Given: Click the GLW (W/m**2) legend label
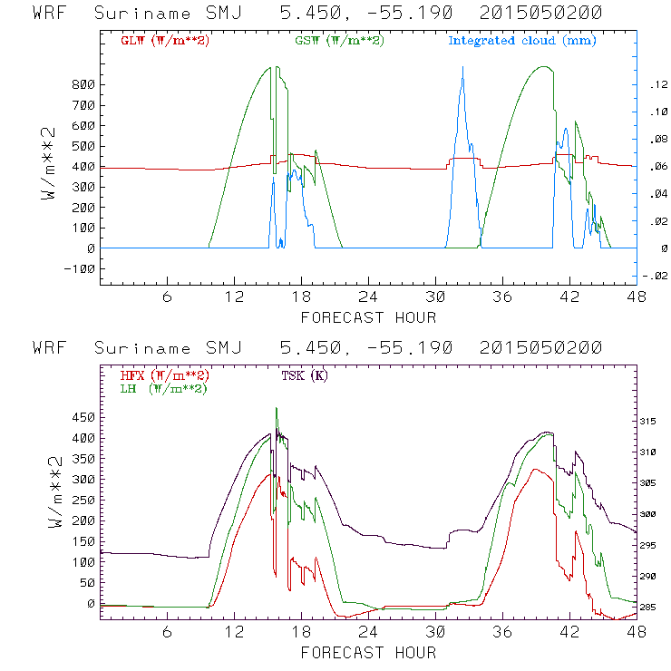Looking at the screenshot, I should pyautogui.click(x=165, y=41).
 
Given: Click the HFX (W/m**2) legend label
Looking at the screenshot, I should pyautogui.click(x=165, y=375).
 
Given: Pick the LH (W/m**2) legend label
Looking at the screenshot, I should pyautogui.click(x=162, y=388).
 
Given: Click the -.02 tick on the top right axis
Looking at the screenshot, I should pyautogui.click(x=656, y=277).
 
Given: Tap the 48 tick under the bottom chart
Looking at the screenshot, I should pyautogui.click(x=635, y=632).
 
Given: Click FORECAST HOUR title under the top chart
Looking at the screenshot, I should pyautogui.click(x=368, y=317).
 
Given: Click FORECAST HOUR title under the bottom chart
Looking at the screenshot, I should pyautogui.click(x=368, y=652).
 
